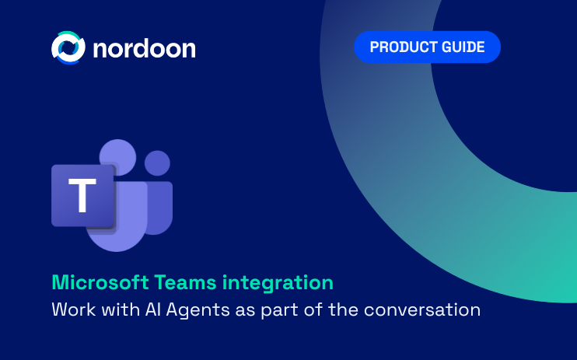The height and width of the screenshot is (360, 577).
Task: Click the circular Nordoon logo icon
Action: click(x=67, y=47)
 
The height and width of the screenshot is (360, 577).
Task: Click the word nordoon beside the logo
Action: click(x=144, y=48)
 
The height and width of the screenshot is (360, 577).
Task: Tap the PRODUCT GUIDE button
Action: click(x=427, y=47)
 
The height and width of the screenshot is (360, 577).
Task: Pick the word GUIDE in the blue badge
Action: click(x=465, y=47)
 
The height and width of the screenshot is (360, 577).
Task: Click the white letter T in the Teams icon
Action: click(x=82, y=196)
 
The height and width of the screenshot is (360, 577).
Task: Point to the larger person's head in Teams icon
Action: click(x=118, y=158)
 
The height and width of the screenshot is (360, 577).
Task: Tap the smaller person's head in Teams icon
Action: click(x=158, y=163)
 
